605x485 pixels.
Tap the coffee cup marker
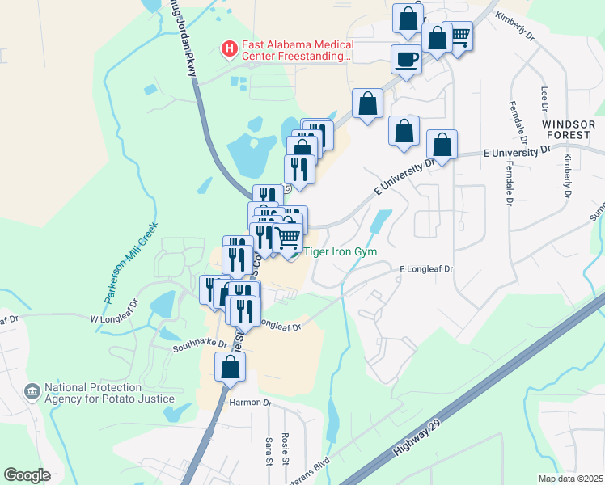405,59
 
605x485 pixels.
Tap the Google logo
27,474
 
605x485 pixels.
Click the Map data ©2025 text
569,479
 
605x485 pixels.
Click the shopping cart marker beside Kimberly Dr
459,36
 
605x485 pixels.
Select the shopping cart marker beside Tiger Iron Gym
288,238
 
